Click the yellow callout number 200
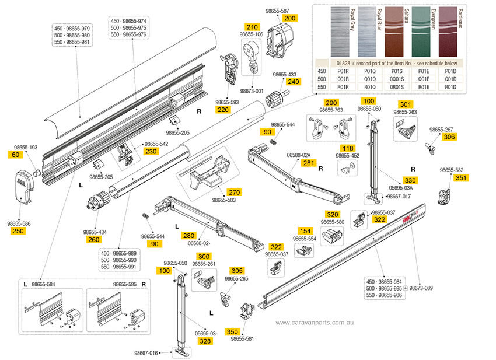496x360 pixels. (290, 19)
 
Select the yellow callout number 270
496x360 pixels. (218, 192)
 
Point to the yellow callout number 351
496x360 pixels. (461, 177)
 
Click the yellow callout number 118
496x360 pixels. (348, 148)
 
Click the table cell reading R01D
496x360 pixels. (450, 87)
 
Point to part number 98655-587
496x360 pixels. (277, 11)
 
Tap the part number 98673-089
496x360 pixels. (421, 288)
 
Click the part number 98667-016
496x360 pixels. (146, 352)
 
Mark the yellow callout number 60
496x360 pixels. (15, 155)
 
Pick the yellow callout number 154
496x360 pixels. (305, 231)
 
